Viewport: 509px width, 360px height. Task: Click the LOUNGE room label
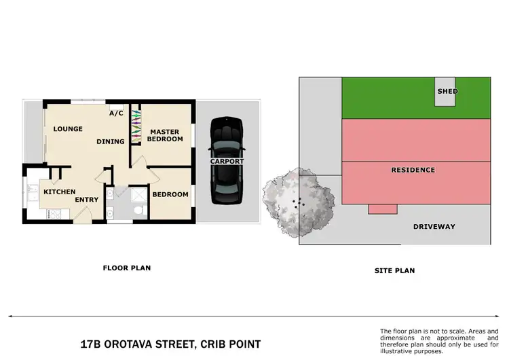click(68, 129)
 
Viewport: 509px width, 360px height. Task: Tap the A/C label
click(116, 113)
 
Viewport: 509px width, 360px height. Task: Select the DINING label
click(111, 142)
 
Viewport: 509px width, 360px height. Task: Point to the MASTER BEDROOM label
click(166, 135)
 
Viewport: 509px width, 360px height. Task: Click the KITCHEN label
click(59, 192)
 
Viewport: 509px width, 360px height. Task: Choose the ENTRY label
click(87, 200)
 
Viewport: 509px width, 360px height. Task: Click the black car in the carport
click(226, 161)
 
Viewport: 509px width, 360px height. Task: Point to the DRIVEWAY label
click(434, 226)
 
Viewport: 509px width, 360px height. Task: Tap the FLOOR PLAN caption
click(126, 268)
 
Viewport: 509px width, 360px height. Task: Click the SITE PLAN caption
click(394, 270)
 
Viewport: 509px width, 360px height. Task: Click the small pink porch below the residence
click(382, 209)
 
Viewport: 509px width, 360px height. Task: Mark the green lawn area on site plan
click(387, 98)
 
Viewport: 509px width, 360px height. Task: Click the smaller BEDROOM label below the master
click(170, 195)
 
